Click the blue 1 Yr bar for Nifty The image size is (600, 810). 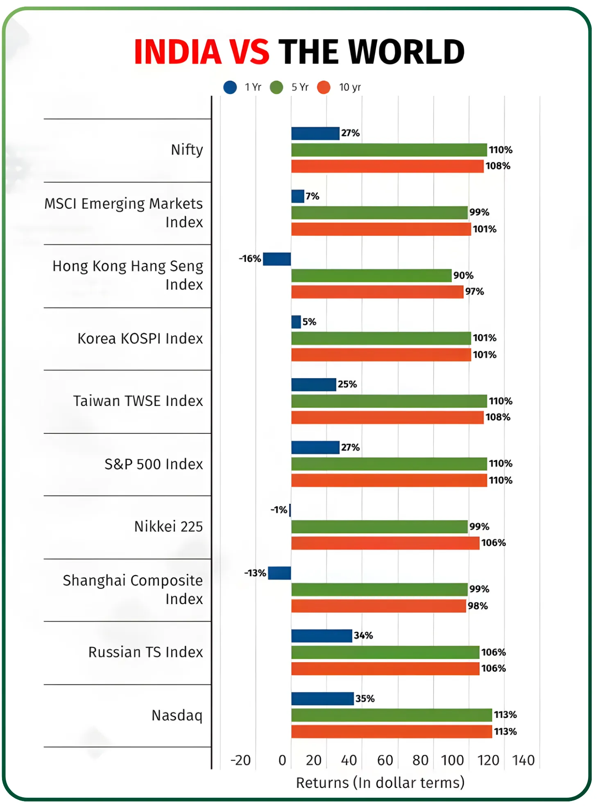[315, 133]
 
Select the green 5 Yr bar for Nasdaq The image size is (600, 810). [391, 715]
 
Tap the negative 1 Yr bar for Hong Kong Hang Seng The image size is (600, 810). [277, 259]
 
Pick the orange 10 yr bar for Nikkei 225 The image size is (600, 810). [385, 543]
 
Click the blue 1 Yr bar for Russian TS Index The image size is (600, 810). [322, 636]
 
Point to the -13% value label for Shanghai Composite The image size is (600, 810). [255, 573]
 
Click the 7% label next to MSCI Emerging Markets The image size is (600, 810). [312, 196]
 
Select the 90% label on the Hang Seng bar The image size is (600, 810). [463, 275]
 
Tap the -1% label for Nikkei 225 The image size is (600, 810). [278, 510]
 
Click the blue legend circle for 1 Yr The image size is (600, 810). [230, 87]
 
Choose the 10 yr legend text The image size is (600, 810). [350, 87]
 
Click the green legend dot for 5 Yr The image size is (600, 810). [277, 87]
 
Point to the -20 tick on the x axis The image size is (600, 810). [240, 760]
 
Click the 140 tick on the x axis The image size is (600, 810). [523, 760]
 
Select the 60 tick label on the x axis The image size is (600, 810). [385, 760]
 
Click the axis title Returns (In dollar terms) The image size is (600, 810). [380, 783]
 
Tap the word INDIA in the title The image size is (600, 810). [178, 52]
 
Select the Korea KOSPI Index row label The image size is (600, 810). [140, 338]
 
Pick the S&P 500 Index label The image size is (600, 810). [154, 464]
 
